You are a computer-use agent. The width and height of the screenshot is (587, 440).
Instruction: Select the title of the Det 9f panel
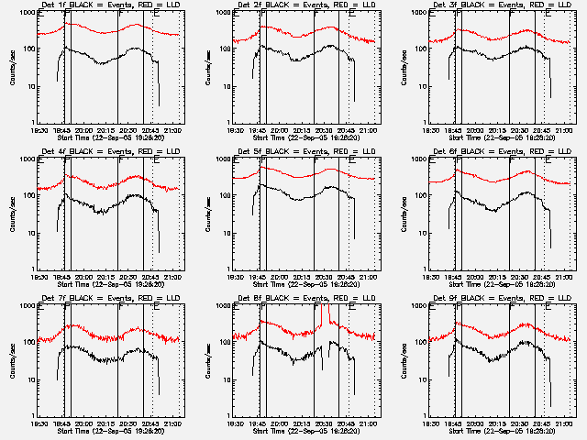click(x=502, y=300)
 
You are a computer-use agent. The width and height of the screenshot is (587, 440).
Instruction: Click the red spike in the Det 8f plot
click(x=327, y=316)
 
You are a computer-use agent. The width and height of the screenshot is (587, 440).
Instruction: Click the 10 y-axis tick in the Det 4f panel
click(x=28, y=233)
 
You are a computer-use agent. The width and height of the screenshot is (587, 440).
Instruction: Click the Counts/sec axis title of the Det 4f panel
click(x=11, y=214)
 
